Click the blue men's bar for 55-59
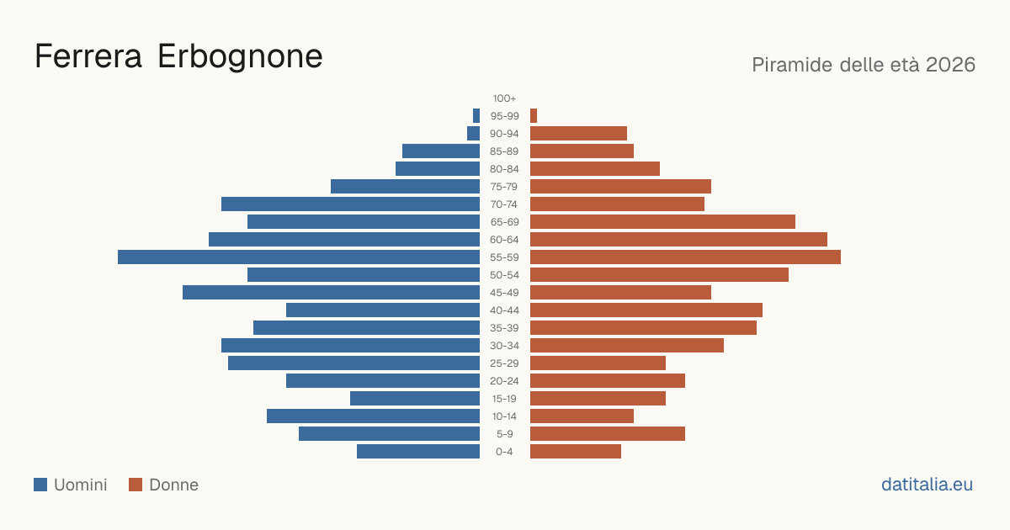(x=299, y=257)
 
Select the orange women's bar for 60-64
(x=678, y=239)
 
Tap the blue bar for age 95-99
(x=476, y=116)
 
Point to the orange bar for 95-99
(x=534, y=116)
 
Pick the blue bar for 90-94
(x=473, y=134)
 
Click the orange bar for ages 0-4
(x=576, y=452)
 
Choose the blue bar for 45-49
(x=331, y=293)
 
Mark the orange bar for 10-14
(x=582, y=416)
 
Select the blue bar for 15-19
(x=415, y=399)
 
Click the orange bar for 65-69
(x=663, y=222)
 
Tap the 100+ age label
(x=504, y=98)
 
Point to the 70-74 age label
(x=503, y=204)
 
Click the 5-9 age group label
(x=504, y=434)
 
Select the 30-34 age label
(x=504, y=346)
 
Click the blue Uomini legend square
(x=40, y=485)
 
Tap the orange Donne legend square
(x=136, y=485)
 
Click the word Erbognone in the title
(x=240, y=57)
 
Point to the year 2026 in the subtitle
(x=950, y=65)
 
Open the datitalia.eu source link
(x=927, y=485)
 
